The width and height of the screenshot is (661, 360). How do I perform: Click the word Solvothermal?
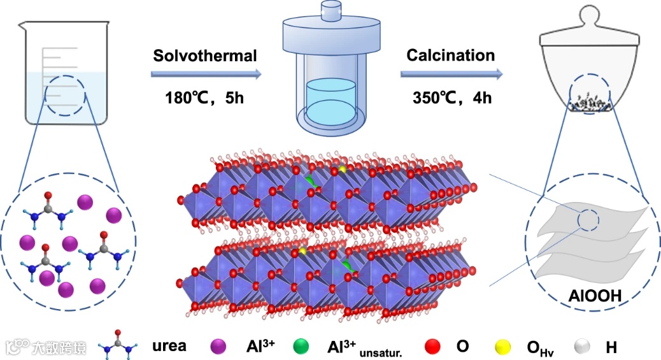[204, 56]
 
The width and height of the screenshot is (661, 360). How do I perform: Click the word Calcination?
[451, 55]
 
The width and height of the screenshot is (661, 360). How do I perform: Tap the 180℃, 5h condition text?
[204, 99]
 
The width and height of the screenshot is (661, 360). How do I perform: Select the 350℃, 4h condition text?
[450, 99]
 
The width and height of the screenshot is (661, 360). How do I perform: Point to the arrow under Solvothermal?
[206, 75]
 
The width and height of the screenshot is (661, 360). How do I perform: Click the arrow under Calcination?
[451, 75]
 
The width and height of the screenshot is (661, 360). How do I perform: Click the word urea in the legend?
[169, 347]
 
